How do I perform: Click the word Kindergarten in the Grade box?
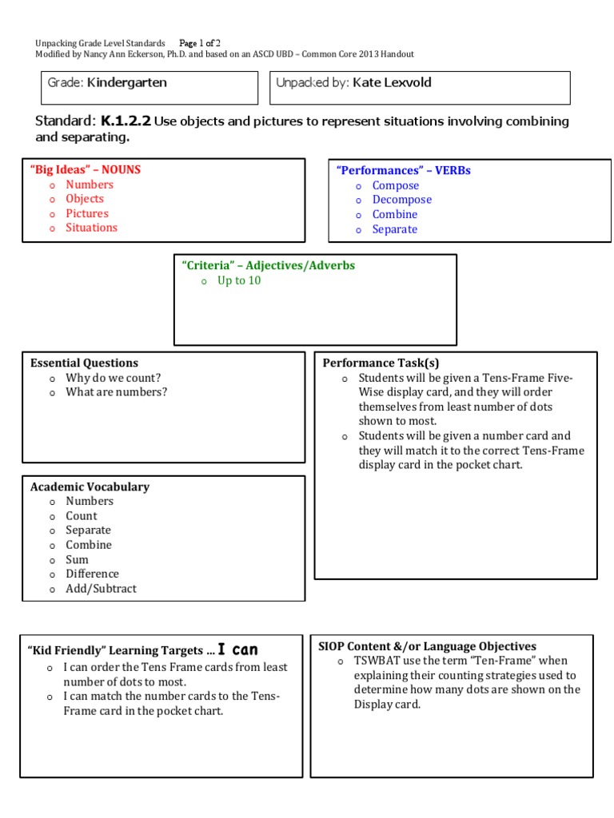click(x=127, y=82)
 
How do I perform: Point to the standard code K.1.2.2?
click(x=126, y=121)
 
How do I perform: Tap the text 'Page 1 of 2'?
click(x=200, y=42)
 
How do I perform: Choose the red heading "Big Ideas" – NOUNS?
click(x=85, y=169)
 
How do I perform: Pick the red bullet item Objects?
click(x=85, y=199)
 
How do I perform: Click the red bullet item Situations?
click(x=91, y=228)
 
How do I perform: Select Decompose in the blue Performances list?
click(x=401, y=200)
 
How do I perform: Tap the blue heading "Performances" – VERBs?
click(x=403, y=170)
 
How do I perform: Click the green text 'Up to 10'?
click(x=239, y=281)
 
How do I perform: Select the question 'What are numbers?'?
click(x=117, y=392)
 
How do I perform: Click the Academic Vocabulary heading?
click(x=90, y=486)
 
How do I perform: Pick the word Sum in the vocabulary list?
click(x=77, y=560)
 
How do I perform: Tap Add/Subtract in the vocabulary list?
click(x=101, y=589)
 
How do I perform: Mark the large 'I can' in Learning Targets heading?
click(x=237, y=650)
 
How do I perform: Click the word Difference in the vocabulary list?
click(x=92, y=574)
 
